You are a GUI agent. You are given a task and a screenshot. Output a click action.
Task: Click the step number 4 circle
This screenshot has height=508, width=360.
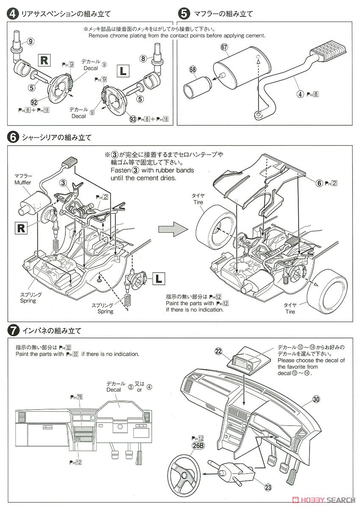[x=13, y=14]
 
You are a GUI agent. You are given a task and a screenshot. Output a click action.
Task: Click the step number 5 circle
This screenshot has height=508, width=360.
[x=184, y=14]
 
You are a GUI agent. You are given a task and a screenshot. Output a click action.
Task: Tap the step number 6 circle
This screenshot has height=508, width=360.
[x=13, y=138]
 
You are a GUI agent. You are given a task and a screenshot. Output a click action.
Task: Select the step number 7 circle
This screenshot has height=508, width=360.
[x=13, y=330]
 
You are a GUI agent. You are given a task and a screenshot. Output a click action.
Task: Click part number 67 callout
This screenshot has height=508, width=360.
[x=225, y=48]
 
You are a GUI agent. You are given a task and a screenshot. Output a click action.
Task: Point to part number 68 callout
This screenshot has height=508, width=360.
[x=193, y=69]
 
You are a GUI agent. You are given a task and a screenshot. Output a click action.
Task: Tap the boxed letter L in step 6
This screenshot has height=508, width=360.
[x=158, y=279]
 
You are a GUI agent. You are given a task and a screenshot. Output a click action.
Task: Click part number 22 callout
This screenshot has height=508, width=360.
[x=219, y=351]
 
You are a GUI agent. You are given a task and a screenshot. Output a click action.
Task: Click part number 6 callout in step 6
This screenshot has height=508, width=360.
[x=320, y=183]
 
